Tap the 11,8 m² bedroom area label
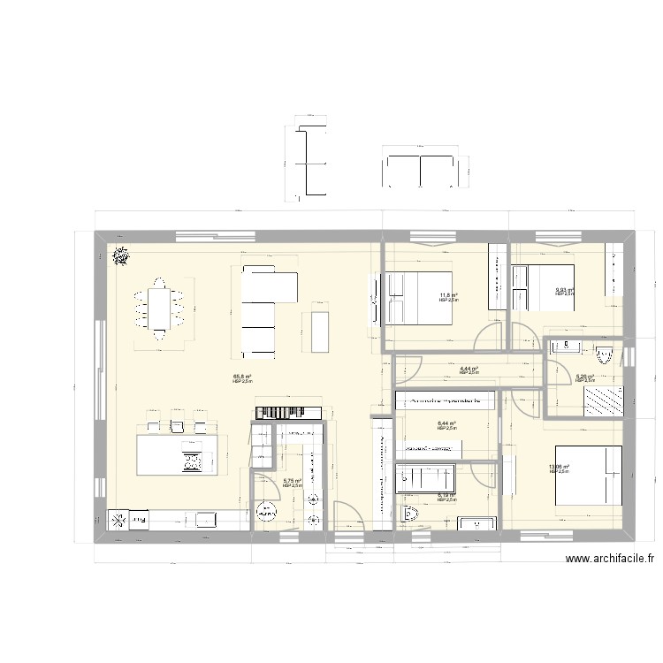pos(449,296)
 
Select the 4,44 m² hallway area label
pos(469,370)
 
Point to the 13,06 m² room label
pos(559,468)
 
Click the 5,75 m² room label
pos(292,482)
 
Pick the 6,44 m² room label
pos(446,424)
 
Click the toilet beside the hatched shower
pos(605,354)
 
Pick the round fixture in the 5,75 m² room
pos(265,511)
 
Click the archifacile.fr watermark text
pos(610,559)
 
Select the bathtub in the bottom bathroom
pos(426,477)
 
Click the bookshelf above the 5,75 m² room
pos(288,413)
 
